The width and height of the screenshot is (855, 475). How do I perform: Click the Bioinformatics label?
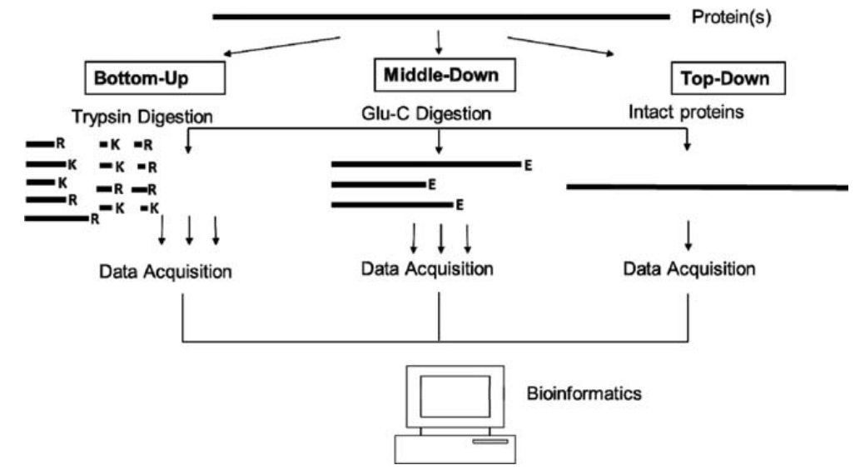584,392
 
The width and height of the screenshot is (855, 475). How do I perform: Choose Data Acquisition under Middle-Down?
427,269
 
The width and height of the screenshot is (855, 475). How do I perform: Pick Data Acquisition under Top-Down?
689,269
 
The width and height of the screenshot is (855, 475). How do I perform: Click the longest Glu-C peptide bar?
425,164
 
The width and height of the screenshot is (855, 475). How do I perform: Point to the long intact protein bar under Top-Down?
708,187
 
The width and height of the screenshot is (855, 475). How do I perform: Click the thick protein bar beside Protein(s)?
441,16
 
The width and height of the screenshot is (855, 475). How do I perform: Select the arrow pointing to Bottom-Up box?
283,46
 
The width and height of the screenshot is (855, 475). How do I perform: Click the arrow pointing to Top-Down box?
562,47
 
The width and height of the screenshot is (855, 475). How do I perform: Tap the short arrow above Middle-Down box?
439,41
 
